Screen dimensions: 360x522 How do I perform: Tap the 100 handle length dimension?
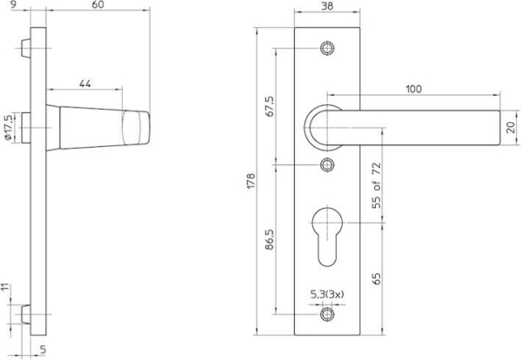413,89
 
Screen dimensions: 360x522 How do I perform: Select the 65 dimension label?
377,279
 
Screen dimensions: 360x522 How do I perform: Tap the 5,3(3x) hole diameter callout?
328,295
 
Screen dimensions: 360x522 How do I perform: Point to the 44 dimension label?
85,83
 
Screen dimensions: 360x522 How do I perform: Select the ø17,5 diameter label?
8,128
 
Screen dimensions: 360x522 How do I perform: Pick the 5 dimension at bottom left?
41,350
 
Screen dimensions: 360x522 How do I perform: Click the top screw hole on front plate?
327,47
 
